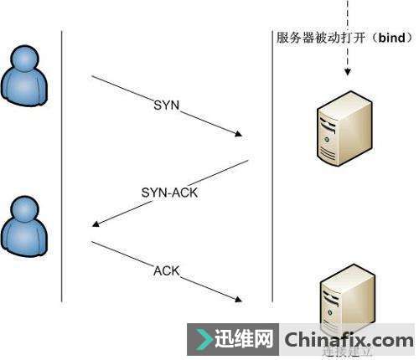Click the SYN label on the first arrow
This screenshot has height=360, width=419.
(x=167, y=105)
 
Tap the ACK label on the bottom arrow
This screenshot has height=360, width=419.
(x=167, y=271)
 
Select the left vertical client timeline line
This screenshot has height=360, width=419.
(x=62, y=167)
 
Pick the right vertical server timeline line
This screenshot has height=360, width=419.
(x=272, y=167)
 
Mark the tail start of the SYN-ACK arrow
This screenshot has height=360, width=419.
(x=248, y=161)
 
